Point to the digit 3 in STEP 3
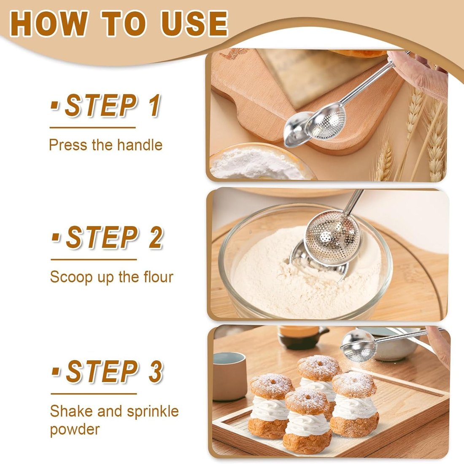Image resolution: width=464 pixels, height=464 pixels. pyautogui.click(x=155, y=372)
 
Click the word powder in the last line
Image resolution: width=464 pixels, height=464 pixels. pyautogui.click(x=75, y=429)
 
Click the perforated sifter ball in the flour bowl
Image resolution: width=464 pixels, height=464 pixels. pyautogui.click(x=333, y=238)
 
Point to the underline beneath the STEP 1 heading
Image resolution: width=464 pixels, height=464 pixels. pyautogui.click(x=92, y=127)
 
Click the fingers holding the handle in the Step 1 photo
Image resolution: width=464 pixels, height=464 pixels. pyautogui.click(x=418, y=72)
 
